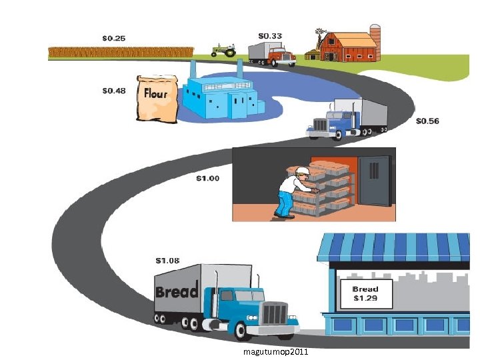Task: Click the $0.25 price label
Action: click(113, 38)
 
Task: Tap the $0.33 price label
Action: click(269, 35)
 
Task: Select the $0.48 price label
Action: click(114, 91)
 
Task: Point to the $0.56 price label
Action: click(427, 121)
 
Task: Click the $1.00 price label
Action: click(207, 179)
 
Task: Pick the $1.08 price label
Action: click(167, 260)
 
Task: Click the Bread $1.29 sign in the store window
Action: click(365, 293)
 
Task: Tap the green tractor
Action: click(223, 50)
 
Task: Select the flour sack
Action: click(155, 97)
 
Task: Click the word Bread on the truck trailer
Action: click(177, 291)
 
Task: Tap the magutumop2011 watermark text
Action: click(275, 351)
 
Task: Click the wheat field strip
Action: click(121, 51)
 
